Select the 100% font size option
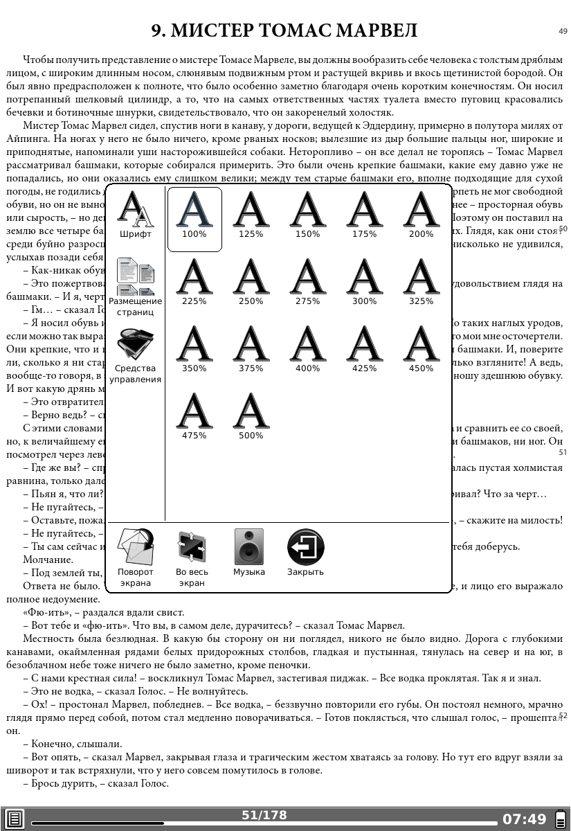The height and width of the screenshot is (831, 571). pyautogui.click(x=194, y=215)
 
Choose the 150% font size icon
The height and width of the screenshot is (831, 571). pyautogui.click(x=307, y=215)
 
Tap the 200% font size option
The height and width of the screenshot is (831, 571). pyautogui.click(x=421, y=215)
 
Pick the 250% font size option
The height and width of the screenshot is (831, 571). pyautogui.click(x=251, y=282)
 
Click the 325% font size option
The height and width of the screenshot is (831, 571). pyautogui.click(x=421, y=282)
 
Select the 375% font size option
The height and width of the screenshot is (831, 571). pyautogui.click(x=251, y=349)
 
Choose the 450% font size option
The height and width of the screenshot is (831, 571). pyautogui.click(x=421, y=349)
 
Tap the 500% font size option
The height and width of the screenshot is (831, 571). pyautogui.click(x=251, y=416)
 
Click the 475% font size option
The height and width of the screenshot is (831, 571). pyautogui.click(x=194, y=416)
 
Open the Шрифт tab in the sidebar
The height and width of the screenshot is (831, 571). pyautogui.click(x=136, y=215)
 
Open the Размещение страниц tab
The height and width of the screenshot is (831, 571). pyautogui.click(x=136, y=287)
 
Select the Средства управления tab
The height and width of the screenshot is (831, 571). pyautogui.click(x=136, y=354)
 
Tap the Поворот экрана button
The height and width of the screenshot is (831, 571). pyautogui.click(x=136, y=557)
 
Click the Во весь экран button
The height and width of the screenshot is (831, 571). pyautogui.click(x=192, y=557)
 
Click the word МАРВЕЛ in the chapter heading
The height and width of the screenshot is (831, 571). pyautogui.click(x=377, y=31)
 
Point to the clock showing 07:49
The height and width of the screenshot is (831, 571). pyautogui.click(x=524, y=820)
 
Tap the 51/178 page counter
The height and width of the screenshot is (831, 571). pyautogui.click(x=264, y=816)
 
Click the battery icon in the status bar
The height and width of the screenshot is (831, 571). pyautogui.click(x=561, y=820)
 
